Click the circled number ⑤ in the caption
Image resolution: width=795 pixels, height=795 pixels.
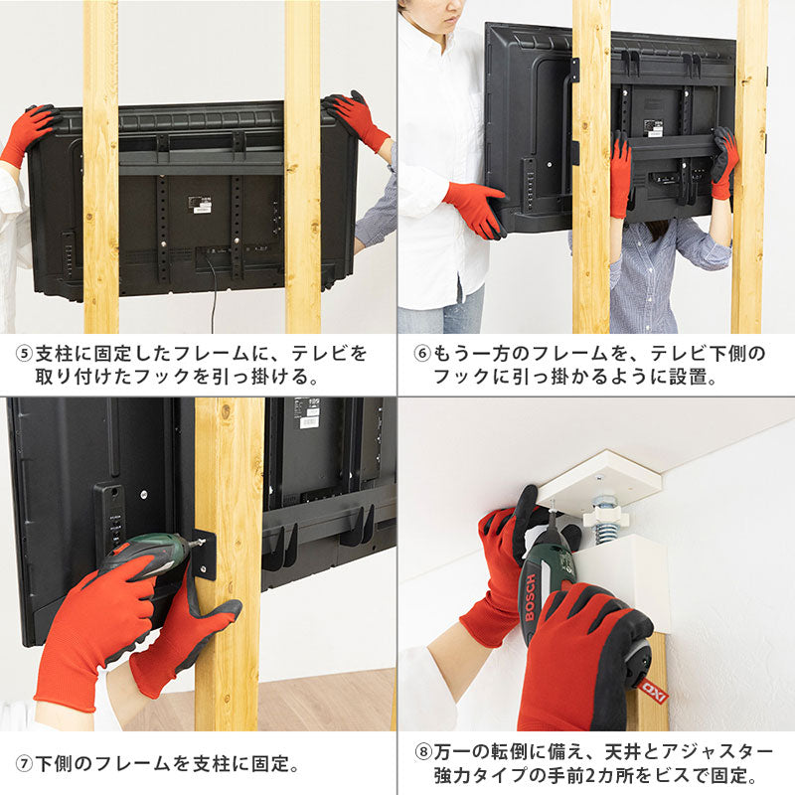24,354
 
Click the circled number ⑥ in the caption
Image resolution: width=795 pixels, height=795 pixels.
421,354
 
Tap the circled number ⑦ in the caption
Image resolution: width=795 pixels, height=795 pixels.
24,764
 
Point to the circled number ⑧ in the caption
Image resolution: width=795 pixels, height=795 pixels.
423,752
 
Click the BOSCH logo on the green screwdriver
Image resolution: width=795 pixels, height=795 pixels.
531,597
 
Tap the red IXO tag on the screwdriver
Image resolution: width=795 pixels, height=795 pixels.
653,690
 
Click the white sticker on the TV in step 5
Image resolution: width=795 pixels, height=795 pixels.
200,204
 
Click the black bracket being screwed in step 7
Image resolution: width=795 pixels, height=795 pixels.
205,556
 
